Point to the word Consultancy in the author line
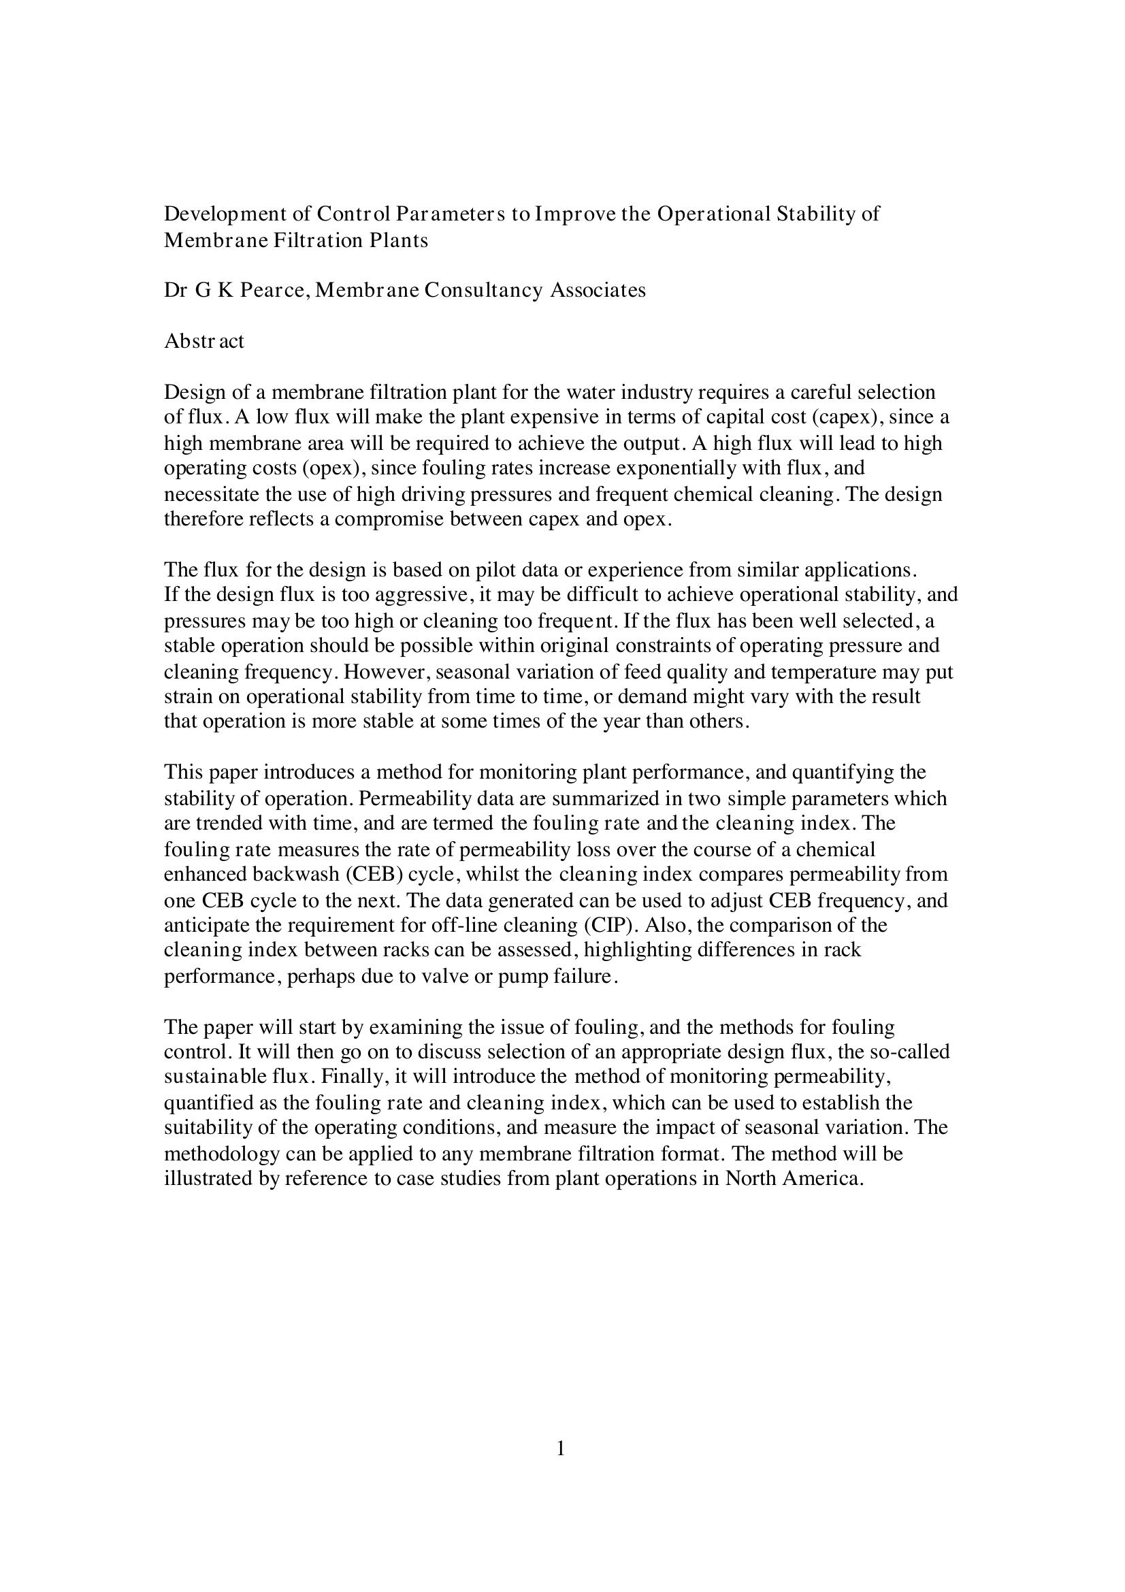[x=483, y=291]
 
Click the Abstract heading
[x=203, y=342]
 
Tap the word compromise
[x=388, y=519]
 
